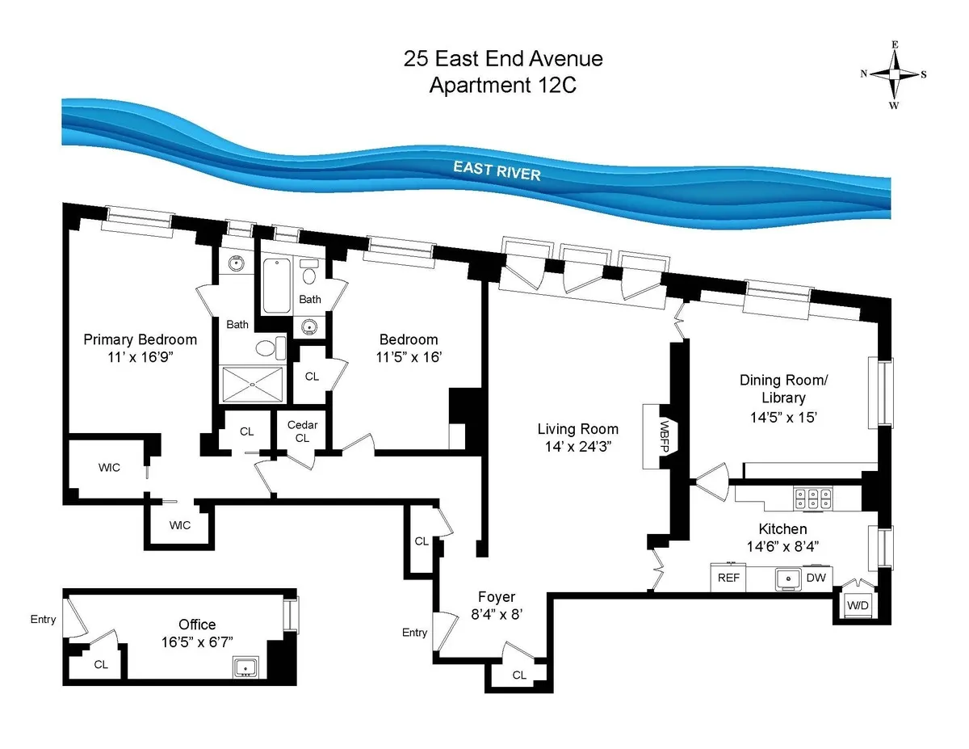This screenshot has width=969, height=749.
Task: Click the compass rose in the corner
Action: tap(894, 74)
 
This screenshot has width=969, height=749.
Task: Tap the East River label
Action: tap(497, 170)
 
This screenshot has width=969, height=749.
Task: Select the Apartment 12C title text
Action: tap(502, 84)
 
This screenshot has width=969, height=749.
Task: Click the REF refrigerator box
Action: tap(728, 579)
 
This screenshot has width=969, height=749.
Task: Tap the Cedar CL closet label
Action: tap(302, 431)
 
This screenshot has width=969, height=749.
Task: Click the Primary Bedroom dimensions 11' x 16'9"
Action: tap(140, 357)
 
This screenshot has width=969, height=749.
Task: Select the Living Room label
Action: tap(578, 429)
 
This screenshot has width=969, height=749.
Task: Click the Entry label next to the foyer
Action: tap(414, 633)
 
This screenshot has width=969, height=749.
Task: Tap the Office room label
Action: tap(197, 625)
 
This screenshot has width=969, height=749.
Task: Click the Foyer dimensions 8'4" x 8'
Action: tap(496, 614)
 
